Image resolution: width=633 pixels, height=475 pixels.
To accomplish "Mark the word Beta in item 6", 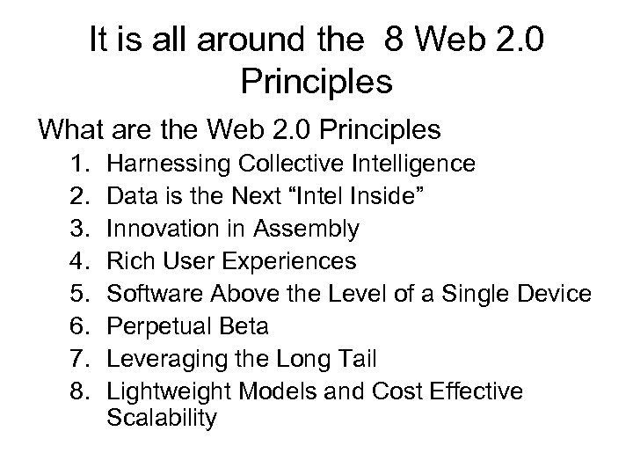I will click(244, 326).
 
